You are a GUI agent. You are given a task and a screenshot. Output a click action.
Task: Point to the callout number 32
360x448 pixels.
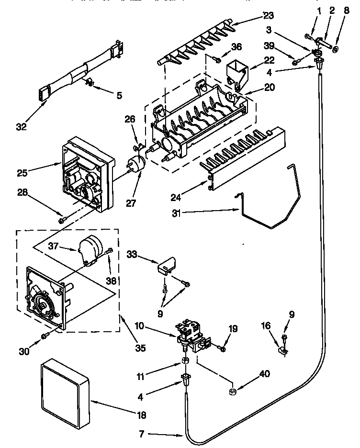point(22,127)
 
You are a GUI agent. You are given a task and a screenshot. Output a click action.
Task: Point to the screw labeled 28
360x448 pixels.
point(61,220)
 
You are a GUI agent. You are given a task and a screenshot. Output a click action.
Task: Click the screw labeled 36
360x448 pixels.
point(216,60)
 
